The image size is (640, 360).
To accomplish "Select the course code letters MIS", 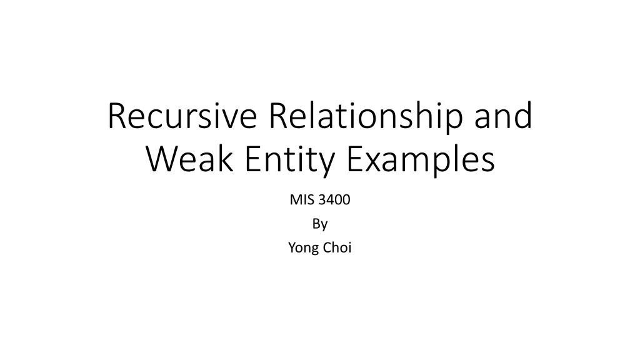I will point(301,200).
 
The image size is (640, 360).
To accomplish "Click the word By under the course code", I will point(320,224).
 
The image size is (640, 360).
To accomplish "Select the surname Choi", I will point(337,247).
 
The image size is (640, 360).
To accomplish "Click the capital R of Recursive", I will point(117,117).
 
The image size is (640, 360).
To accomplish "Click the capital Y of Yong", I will point(292,247).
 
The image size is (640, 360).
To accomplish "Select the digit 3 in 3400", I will point(322,200).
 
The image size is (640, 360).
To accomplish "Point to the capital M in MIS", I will point(295,200).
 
